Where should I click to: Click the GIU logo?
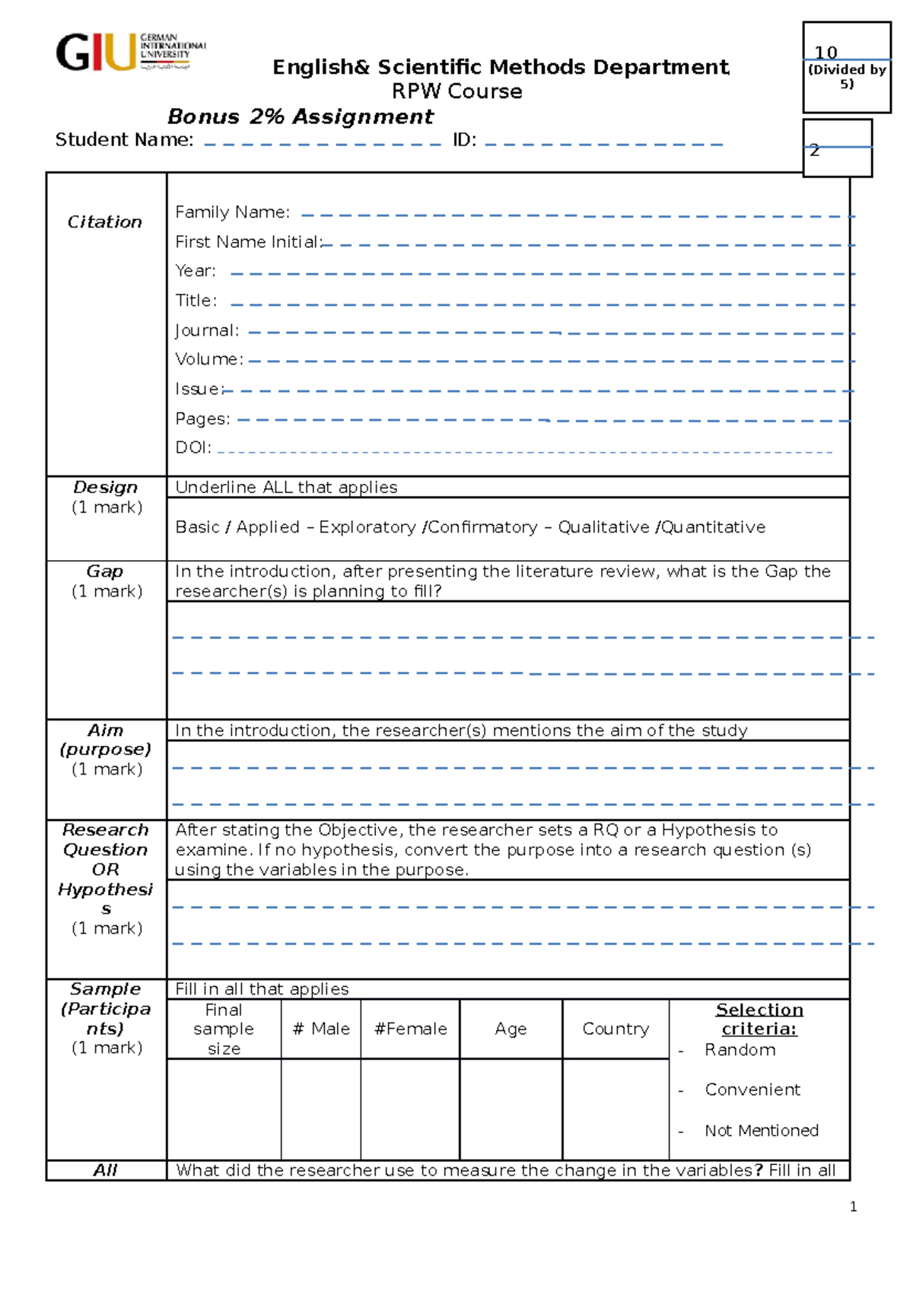(x=129, y=53)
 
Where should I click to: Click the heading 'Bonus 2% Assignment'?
(x=300, y=116)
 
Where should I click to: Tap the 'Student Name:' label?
(x=124, y=140)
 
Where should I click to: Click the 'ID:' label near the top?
(x=464, y=140)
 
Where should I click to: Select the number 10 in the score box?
(x=826, y=53)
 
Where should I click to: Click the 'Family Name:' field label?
(x=232, y=212)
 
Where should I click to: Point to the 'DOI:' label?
(x=192, y=447)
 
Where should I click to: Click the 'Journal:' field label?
(x=207, y=330)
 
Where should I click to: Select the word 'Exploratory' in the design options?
(x=367, y=527)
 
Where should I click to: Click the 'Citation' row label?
(x=105, y=222)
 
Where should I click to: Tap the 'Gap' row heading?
(x=105, y=571)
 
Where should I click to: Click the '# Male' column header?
(x=321, y=1029)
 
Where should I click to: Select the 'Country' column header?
(x=616, y=1029)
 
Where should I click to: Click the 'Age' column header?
(x=511, y=1029)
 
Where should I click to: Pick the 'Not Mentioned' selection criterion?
(x=761, y=1131)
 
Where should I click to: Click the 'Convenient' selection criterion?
(x=752, y=1090)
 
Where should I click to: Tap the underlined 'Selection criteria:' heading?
(x=759, y=1019)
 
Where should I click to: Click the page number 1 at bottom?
(x=853, y=1207)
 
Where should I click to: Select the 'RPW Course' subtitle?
(x=456, y=91)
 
